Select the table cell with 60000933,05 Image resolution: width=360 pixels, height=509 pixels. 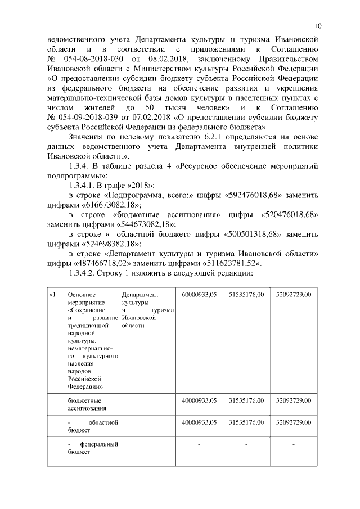pyautogui.click(x=199, y=294)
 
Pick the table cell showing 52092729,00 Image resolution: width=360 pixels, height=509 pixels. pyautogui.click(x=294, y=294)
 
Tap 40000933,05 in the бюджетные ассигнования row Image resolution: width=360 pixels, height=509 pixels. pyautogui.click(x=199, y=400)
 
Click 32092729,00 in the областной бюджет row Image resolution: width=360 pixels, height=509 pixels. pyautogui.click(x=294, y=422)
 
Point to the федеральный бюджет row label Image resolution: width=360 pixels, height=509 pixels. pyautogui.click(x=92, y=448)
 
